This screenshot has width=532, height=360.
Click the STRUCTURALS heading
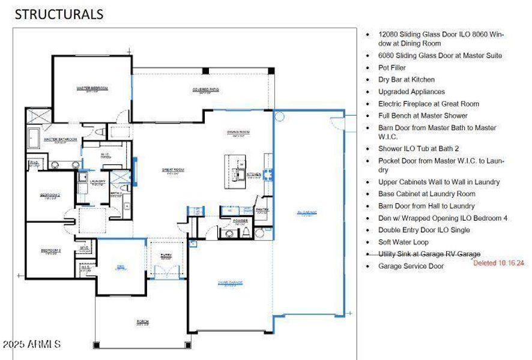pyautogui.click(x=59, y=14)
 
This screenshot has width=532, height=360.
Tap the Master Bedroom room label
pyautogui.click(x=92, y=89)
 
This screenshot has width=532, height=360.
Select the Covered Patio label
pyautogui.click(x=205, y=91)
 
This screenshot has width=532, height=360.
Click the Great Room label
pyautogui.click(x=173, y=170)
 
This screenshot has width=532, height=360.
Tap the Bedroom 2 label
pyautogui.click(x=50, y=196)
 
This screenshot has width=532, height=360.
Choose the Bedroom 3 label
pyautogui.click(x=50, y=251)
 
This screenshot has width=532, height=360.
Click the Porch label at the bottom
pyautogui.click(x=142, y=323)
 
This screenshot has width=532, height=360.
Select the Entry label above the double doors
pyautogui.click(x=166, y=256)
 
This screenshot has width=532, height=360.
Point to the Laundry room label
pyautogui.click(x=97, y=181)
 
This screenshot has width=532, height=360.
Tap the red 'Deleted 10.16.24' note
pyautogui.click(x=498, y=263)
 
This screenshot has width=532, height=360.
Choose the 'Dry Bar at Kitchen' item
pyautogui.click(x=406, y=80)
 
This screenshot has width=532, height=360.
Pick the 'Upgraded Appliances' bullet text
pyautogui.click(x=411, y=92)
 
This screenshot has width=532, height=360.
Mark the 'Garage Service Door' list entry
pyautogui.click(x=411, y=266)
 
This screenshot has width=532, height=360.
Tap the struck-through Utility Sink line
pyautogui.click(x=429, y=254)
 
